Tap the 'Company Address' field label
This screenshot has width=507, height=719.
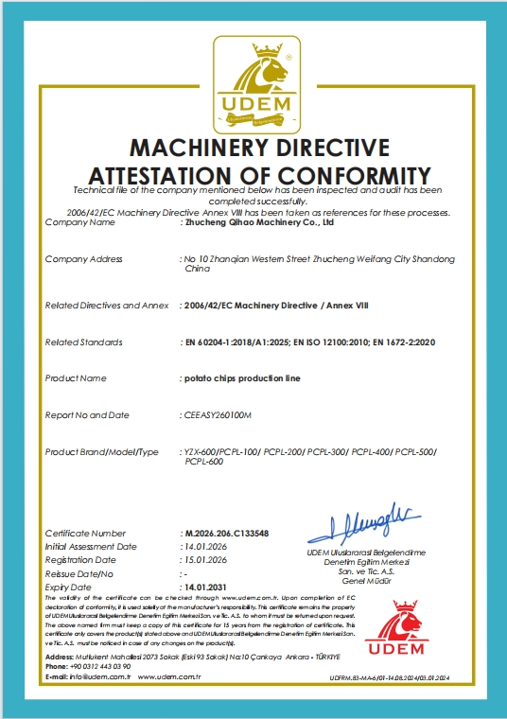coord(83,258)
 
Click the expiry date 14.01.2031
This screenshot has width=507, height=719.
coord(206,587)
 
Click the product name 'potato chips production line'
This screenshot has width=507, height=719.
coord(240,377)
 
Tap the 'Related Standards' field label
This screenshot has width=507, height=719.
coord(83,341)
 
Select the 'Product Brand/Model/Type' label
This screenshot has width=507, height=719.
coord(102,452)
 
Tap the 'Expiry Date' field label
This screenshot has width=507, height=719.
coord(68,587)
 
